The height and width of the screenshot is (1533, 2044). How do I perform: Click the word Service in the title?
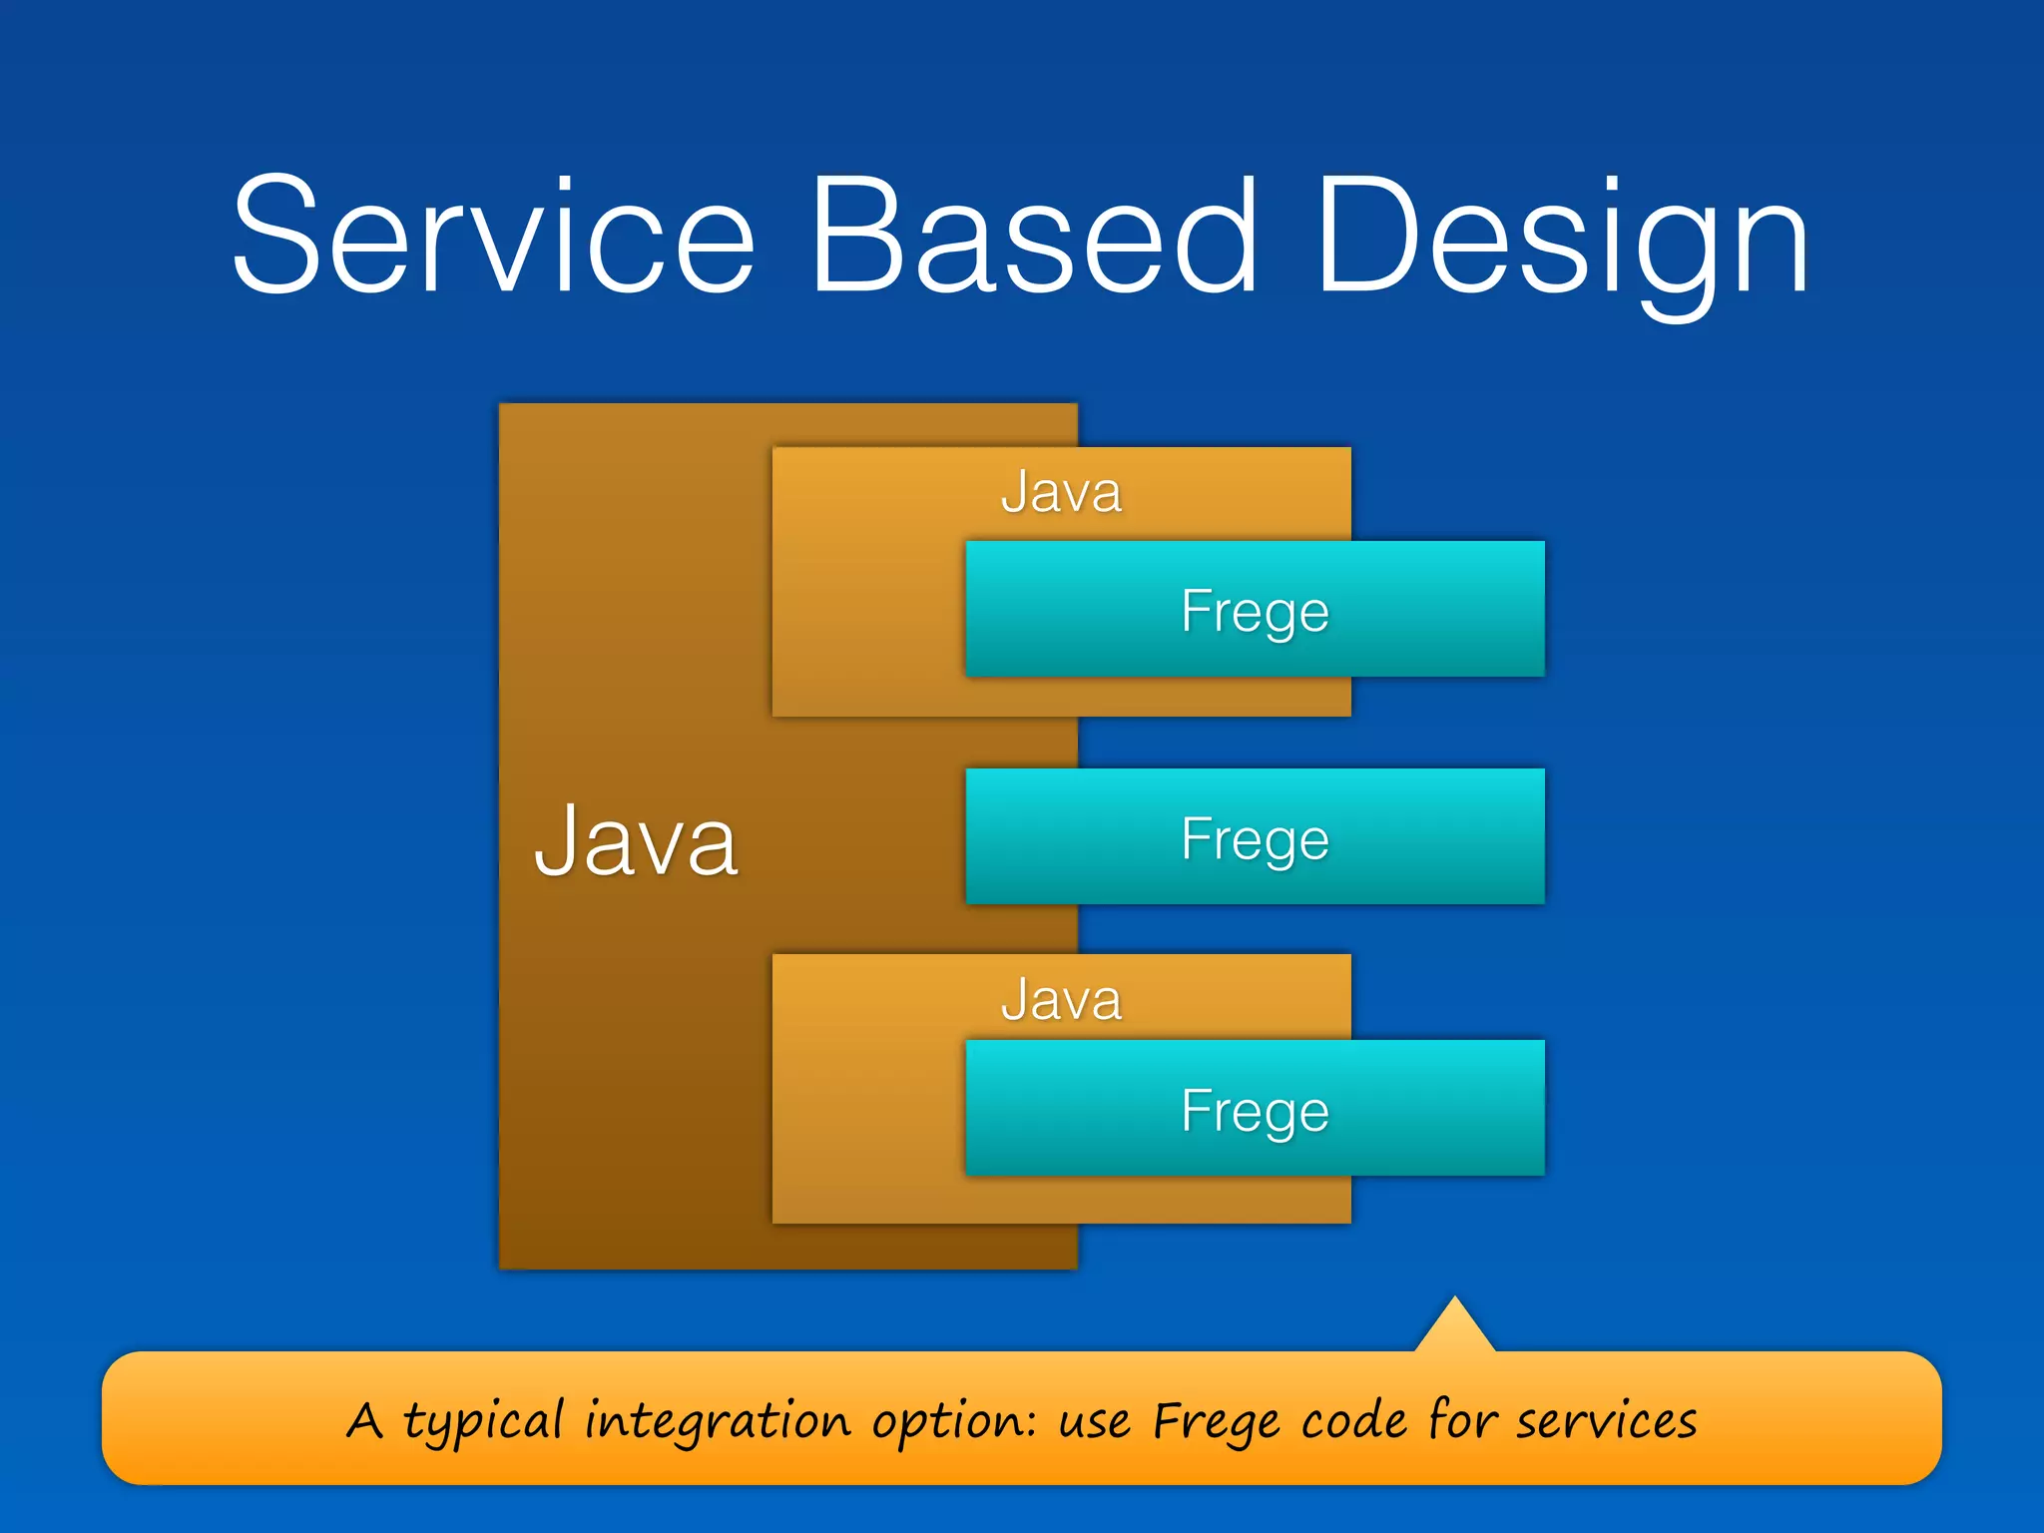click(x=493, y=236)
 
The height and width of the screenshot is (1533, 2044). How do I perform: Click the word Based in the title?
click(x=1034, y=236)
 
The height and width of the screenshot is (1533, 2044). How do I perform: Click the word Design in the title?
click(x=1563, y=240)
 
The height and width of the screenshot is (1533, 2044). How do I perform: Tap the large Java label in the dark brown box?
click(x=636, y=841)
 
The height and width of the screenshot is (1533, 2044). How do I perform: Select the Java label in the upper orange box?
click(x=1061, y=492)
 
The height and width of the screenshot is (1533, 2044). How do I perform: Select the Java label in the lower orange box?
click(x=1061, y=999)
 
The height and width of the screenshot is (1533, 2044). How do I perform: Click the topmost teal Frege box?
click(x=1255, y=610)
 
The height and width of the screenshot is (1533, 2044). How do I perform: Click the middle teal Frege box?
click(x=1255, y=837)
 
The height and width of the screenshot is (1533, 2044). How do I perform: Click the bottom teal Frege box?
click(x=1255, y=1109)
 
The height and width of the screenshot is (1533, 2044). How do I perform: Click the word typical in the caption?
click(x=483, y=1421)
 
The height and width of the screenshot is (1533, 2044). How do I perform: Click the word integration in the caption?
click(x=717, y=1421)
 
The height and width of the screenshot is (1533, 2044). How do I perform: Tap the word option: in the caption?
click(x=953, y=1421)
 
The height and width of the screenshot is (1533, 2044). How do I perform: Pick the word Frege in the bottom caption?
click(x=1215, y=1421)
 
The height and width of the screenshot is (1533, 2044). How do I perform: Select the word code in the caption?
click(x=1353, y=1421)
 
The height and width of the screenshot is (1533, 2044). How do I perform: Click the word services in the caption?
click(x=1606, y=1421)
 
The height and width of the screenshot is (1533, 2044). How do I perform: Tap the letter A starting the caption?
click(x=364, y=1420)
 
